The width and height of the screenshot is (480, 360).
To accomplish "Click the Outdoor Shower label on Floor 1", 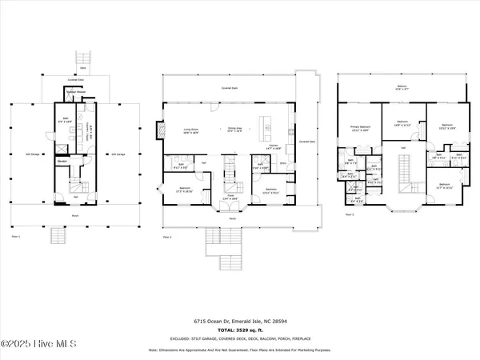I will tap(75, 92).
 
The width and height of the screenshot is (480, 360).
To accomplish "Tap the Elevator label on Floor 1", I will tap(61, 160).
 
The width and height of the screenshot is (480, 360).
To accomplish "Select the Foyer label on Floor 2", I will tap(228, 197).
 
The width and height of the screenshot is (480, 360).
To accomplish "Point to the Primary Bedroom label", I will tap(361, 128).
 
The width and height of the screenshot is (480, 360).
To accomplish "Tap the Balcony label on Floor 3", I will tap(401, 87).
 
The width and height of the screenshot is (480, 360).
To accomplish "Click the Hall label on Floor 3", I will tap(403, 148).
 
